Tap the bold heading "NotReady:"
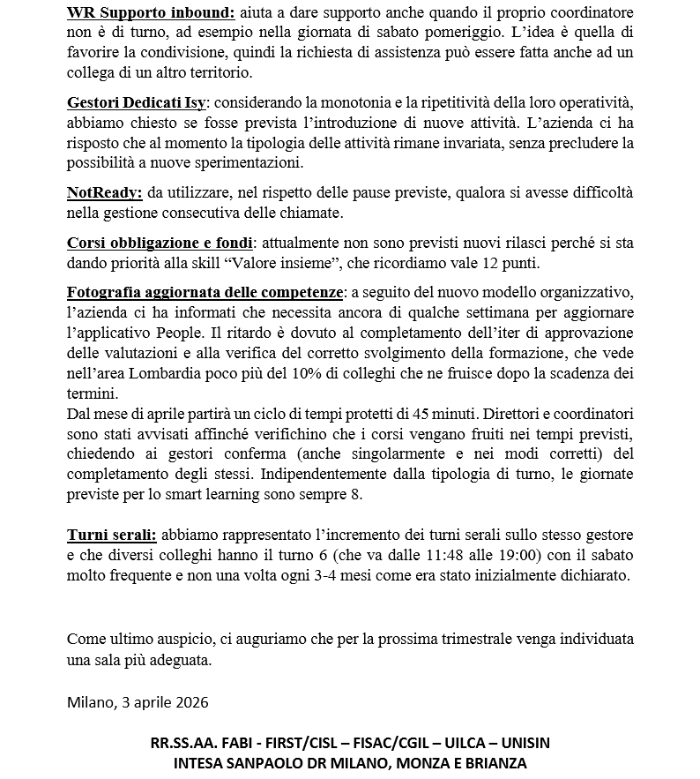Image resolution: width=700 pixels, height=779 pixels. click(x=105, y=192)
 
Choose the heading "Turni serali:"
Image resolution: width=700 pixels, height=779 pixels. click(x=112, y=536)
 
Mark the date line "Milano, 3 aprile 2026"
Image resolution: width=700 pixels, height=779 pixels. click(x=138, y=702)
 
